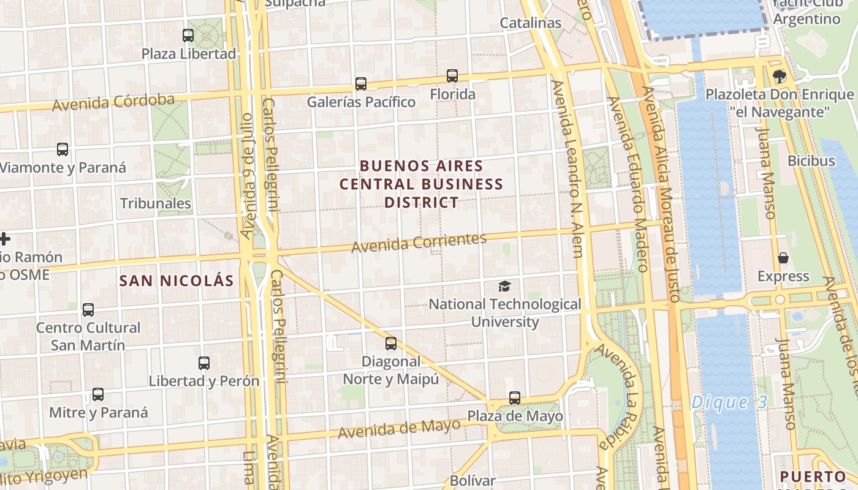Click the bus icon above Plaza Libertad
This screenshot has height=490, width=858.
point(188,36)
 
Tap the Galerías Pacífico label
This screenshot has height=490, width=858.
point(361,102)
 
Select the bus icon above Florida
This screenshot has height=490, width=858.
point(452,76)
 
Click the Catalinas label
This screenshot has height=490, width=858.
point(531,23)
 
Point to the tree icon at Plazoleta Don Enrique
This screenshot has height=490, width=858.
point(779,77)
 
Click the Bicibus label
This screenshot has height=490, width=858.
point(811,161)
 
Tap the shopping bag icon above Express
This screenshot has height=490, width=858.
point(783,258)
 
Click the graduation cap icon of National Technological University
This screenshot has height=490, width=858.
point(504,286)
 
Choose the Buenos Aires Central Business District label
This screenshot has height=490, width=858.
point(422,184)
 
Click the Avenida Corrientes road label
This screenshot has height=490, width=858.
point(419,243)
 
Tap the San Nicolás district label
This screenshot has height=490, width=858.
point(177,281)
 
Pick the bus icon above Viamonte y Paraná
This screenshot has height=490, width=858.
point(63,149)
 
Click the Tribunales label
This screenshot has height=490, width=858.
point(156,203)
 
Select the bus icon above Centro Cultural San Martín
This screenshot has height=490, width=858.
point(88,310)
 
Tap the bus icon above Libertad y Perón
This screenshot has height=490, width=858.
point(204,363)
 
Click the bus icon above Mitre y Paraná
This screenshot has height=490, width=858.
point(98,394)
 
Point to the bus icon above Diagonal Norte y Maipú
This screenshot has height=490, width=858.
point(391,344)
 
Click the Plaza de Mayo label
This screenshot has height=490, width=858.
point(515,417)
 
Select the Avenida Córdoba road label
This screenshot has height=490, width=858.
point(113,102)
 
